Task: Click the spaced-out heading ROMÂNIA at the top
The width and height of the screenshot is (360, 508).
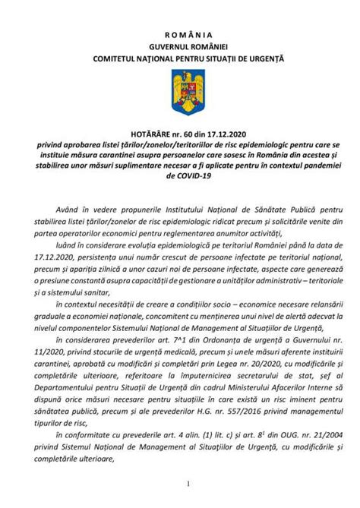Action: click(x=180, y=35)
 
